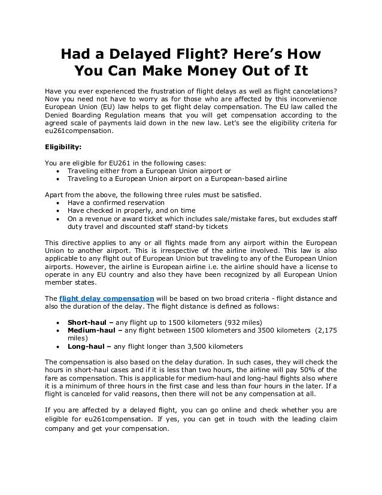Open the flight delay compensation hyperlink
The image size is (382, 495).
(107, 298)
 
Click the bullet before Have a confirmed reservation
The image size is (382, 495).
(57, 202)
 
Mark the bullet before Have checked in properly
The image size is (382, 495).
(57, 210)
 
